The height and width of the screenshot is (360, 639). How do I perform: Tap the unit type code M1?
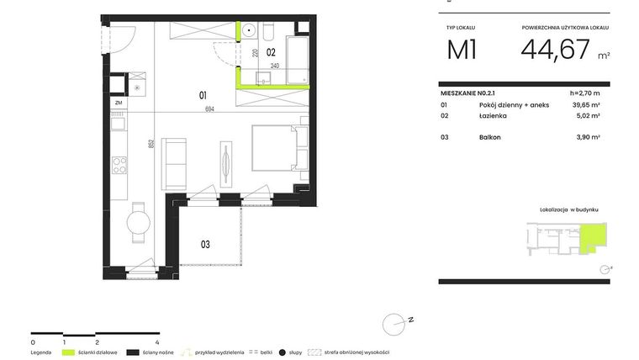pyautogui.click(x=462, y=50)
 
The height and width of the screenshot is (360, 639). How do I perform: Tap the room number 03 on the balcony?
pyautogui.click(x=204, y=245)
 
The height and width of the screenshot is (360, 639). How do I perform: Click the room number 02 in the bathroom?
pyautogui.click(x=272, y=51)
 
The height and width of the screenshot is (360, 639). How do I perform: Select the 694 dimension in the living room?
pyautogui.click(x=221, y=109)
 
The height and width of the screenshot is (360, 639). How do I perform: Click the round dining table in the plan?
pyautogui.click(x=139, y=223)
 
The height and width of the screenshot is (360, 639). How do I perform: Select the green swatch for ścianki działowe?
pyautogui.click(x=68, y=352)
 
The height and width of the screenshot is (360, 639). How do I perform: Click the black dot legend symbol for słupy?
pyautogui.click(x=283, y=352)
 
